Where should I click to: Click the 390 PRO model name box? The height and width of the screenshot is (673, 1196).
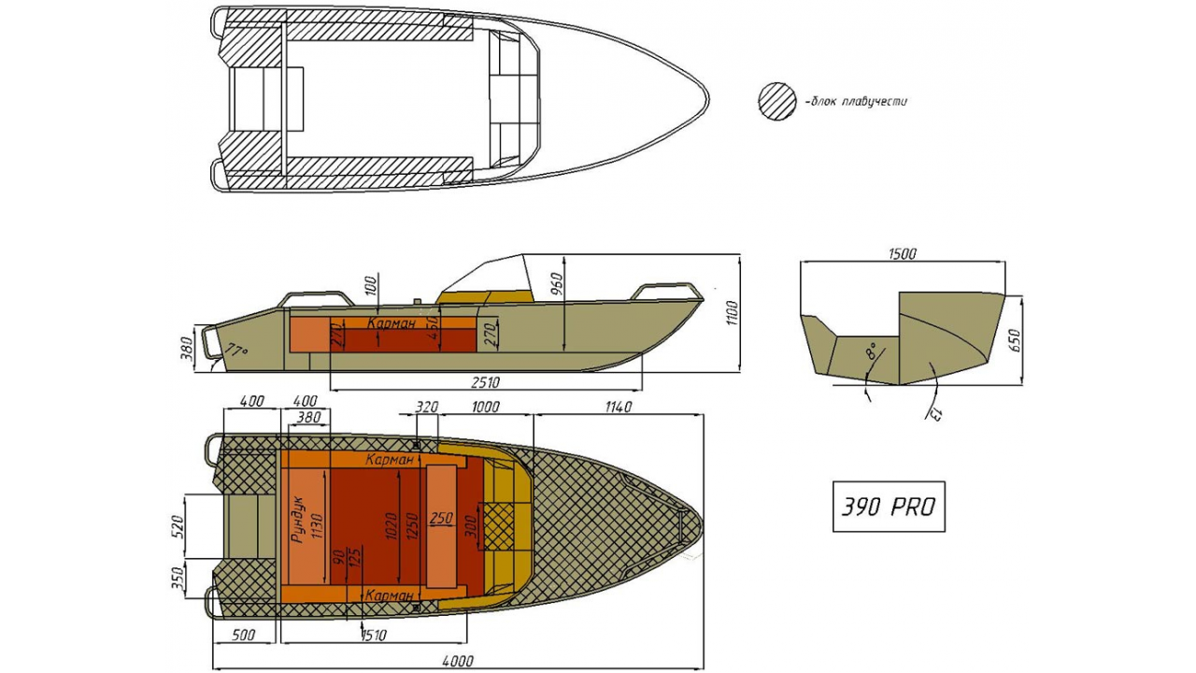coord(889,507)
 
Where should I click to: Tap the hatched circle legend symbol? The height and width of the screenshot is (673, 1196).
coord(777,101)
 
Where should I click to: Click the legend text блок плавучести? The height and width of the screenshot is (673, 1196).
coord(858,102)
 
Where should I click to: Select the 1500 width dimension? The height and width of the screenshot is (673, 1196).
coord(903,253)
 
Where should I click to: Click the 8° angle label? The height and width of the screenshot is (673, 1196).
coord(871,351)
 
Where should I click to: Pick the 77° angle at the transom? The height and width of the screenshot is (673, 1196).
coord(236,350)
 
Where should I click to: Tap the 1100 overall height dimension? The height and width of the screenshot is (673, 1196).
coord(732,312)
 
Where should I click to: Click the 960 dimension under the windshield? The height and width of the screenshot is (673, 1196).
coord(556,283)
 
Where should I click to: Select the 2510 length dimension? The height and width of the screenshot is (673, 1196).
coord(485,382)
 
